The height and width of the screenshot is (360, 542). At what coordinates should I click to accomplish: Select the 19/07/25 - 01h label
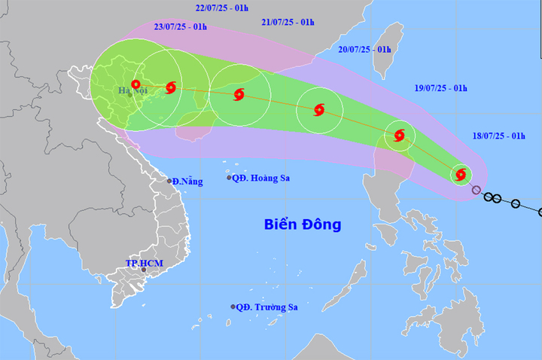tap(440, 88)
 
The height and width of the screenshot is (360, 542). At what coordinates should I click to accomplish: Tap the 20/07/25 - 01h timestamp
tap(365, 49)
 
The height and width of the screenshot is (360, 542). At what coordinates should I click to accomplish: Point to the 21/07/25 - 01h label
tap(288, 23)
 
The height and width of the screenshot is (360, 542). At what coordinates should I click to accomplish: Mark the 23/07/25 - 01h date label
tap(181, 26)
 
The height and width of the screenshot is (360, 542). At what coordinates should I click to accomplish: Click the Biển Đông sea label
tap(303, 224)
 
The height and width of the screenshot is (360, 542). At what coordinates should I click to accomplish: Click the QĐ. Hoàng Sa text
tap(262, 178)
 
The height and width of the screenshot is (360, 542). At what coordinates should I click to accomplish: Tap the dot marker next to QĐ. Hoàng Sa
tap(229, 178)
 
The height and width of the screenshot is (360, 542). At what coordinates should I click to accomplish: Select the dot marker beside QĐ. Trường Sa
tap(233, 307)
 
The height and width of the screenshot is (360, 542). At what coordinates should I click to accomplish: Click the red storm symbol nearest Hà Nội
tap(135, 85)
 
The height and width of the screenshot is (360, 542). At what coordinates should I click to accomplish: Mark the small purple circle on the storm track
tap(476, 190)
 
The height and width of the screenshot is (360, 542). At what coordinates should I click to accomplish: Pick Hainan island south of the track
tap(194, 128)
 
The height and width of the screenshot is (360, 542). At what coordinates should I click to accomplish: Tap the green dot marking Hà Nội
tap(129, 95)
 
